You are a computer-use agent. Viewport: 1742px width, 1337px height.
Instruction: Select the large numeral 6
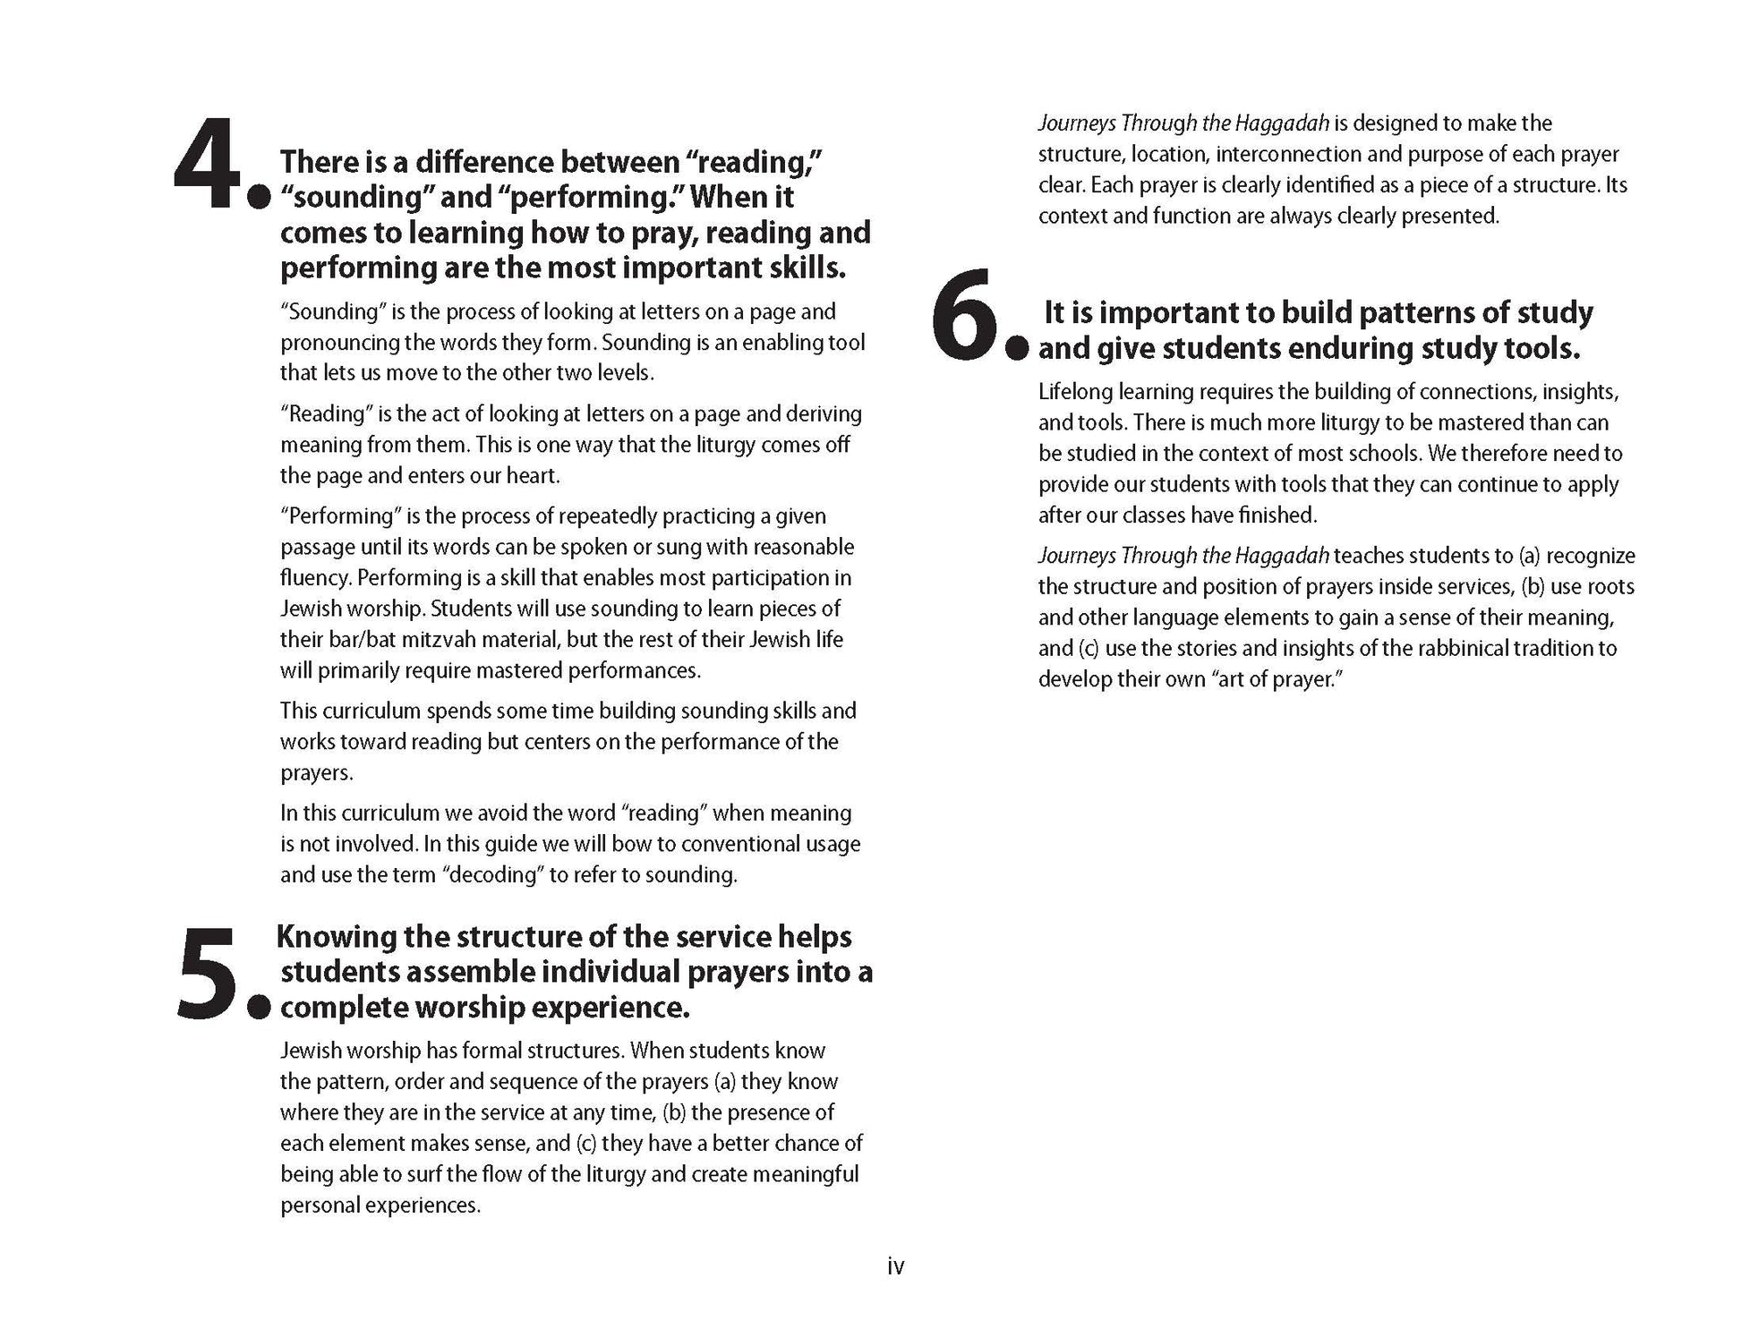pos(965,315)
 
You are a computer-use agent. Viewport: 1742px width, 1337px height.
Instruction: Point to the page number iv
pos(895,1266)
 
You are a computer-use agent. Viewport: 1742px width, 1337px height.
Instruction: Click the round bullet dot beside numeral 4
pos(259,198)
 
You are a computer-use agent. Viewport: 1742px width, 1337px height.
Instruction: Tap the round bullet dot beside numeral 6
pos(1017,349)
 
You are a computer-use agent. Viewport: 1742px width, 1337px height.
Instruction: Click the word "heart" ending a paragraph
pos(535,476)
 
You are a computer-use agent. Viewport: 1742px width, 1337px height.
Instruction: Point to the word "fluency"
pos(314,578)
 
